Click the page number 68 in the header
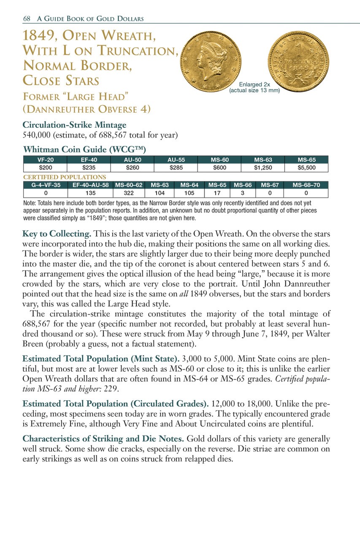point(27,19)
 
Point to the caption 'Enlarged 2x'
point(254,84)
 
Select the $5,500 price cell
point(306,167)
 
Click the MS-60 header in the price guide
point(219,160)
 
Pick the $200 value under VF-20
point(45,167)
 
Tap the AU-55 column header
point(176,160)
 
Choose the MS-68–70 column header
point(306,185)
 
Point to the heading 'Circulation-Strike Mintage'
point(74,125)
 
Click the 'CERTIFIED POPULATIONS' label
point(64,177)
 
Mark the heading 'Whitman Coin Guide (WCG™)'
point(84,149)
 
